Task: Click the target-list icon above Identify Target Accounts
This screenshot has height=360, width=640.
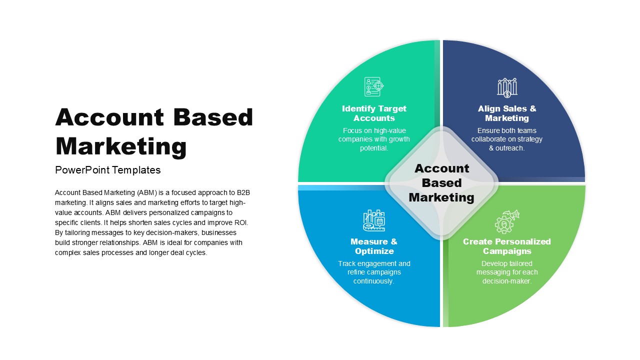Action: (x=374, y=86)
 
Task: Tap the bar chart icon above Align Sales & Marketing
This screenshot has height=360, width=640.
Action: (x=507, y=87)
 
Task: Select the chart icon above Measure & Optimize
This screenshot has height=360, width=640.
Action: (x=374, y=220)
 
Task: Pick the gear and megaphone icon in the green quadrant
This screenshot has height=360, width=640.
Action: (x=507, y=222)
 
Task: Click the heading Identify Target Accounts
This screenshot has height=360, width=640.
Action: (x=374, y=113)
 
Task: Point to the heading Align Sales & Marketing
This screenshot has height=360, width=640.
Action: (x=507, y=113)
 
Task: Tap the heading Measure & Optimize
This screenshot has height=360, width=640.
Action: (x=374, y=246)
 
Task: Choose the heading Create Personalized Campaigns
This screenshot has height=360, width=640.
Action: (x=507, y=246)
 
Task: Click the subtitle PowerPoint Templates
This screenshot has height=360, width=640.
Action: (x=107, y=170)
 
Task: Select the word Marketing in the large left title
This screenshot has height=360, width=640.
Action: (x=121, y=146)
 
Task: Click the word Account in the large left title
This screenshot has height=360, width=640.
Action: (x=109, y=117)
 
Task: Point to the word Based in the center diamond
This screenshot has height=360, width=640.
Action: (x=441, y=183)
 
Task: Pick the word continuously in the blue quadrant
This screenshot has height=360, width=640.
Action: (x=373, y=281)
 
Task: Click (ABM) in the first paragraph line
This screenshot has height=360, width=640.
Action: (x=147, y=193)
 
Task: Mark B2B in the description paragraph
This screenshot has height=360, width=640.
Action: (x=243, y=192)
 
